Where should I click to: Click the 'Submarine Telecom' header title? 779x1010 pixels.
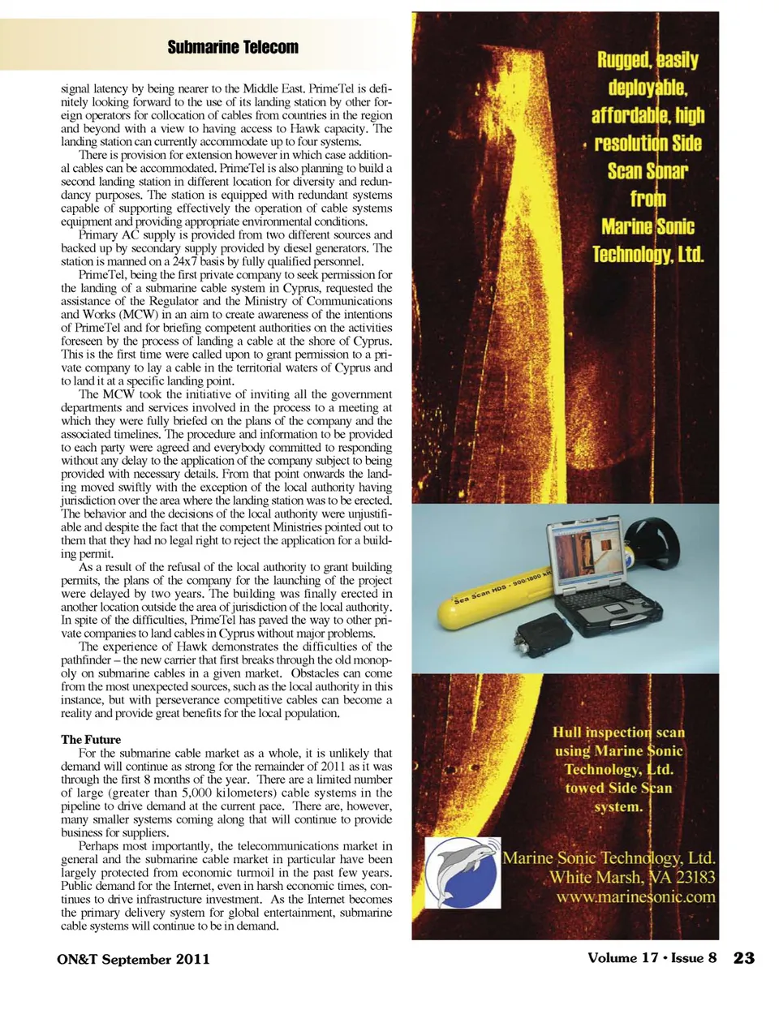pyautogui.click(x=233, y=47)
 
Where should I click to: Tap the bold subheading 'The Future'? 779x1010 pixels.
pyautogui.click(x=91, y=739)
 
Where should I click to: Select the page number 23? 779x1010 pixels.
pyautogui.click(x=743, y=958)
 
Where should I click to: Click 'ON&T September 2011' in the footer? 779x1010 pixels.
pyautogui.click(x=133, y=959)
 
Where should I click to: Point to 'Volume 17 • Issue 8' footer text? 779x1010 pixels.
pyautogui.click(x=652, y=958)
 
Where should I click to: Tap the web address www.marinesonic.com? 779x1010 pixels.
pyautogui.click(x=635, y=896)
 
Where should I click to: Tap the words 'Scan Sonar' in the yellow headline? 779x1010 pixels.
pyautogui.click(x=648, y=171)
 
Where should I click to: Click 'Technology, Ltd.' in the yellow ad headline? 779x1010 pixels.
pyautogui.click(x=648, y=255)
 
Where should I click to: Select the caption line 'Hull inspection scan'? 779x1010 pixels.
pyautogui.click(x=618, y=732)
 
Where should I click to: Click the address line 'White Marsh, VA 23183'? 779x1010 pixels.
pyautogui.click(x=632, y=877)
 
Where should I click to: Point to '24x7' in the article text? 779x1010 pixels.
pyautogui.click(x=189, y=261)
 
